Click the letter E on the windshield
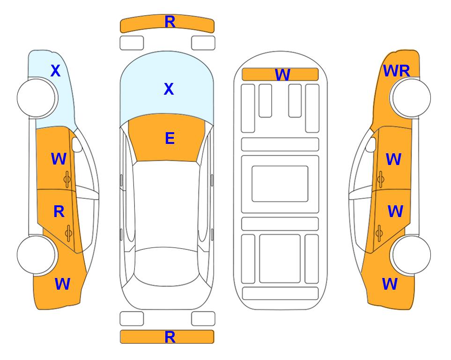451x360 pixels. click(x=170, y=138)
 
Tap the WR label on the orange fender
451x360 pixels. click(x=396, y=71)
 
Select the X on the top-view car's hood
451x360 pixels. click(x=169, y=89)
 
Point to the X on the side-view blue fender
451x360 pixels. click(x=56, y=71)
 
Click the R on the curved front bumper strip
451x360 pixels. click(x=170, y=22)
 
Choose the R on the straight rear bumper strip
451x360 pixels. click(x=170, y=337)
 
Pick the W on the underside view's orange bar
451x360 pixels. click(x=282, y=75)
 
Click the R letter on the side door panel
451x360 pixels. click(x=59, y=212)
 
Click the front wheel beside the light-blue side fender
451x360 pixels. click(x=37, y=97)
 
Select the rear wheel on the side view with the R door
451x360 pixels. click(x=37, y=255)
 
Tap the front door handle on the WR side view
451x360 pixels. click(x=380, y=179)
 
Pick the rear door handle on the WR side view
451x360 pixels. click(x=379, y=233)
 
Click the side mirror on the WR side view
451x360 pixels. click(x=370, y=144)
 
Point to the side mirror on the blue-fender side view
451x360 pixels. click(x=77, y=144)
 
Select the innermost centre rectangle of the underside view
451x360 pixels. click(x=280, y=184)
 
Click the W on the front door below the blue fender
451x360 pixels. click(x=59, y=159)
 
